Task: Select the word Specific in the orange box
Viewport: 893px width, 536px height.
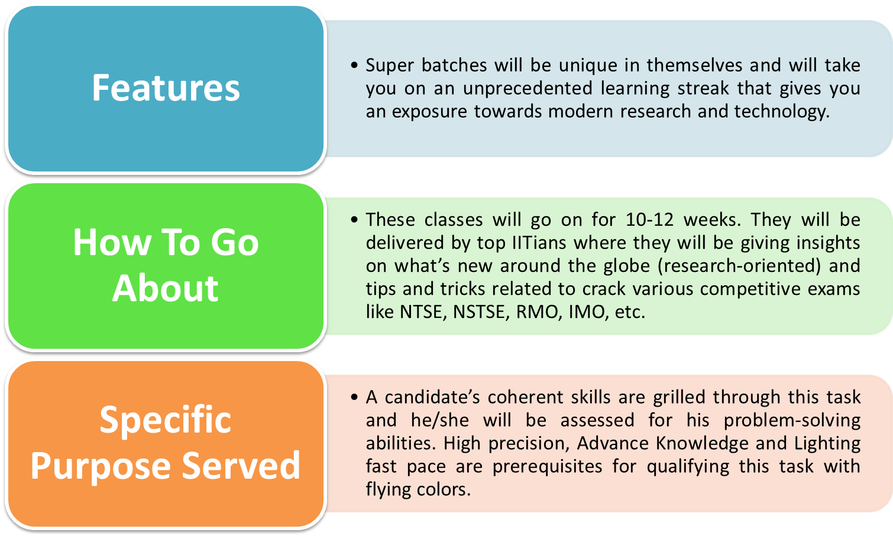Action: coord(166,421)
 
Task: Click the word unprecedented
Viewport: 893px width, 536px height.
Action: coord(528,89)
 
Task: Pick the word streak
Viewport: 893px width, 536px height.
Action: coord(703,88)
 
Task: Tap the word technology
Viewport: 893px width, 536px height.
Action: coord(782,112)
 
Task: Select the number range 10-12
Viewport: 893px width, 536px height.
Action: coord(649,220)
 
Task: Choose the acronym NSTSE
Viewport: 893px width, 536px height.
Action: coord(481,312)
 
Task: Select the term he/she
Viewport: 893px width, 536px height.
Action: coord(440,420)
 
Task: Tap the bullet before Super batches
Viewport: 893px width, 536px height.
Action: coord(354,65)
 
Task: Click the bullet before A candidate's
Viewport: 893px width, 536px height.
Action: coord(354,397)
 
